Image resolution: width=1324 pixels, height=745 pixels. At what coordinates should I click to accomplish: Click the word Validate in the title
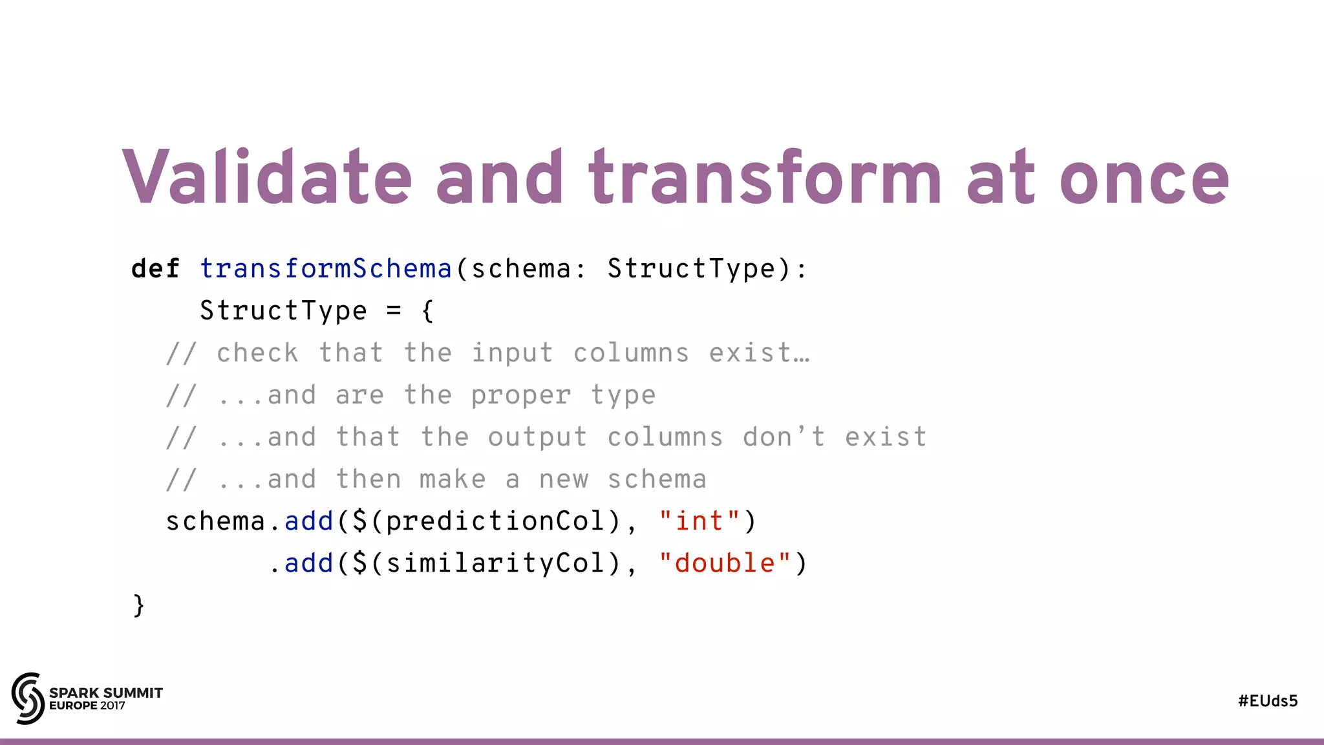click(x=266, y=177)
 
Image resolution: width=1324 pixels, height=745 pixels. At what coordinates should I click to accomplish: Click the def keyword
click(x=155, y=268)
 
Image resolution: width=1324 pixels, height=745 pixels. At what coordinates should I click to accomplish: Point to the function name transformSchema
click(x=325, y=268)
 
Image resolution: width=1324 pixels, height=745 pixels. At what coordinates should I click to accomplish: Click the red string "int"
click(x=699, y=521)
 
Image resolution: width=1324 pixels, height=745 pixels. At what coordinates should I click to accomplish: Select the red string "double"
click(x=724, y=563)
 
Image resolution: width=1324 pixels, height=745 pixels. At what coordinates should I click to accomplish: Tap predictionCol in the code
click(x=495, y=521)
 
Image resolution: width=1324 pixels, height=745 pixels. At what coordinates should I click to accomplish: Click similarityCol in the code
click(x=495, y=563)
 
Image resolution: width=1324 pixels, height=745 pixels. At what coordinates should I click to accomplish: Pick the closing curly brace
click(x=138, y=605)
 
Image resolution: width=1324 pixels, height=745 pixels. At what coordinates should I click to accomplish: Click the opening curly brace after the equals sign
click(x=427, y=311)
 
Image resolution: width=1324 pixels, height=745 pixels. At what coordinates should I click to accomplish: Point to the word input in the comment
click(x=512, y=354)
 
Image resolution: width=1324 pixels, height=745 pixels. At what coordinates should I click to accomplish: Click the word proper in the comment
click(x=520, y=396)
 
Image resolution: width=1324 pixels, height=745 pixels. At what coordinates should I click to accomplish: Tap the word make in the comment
click(x=453, y=479)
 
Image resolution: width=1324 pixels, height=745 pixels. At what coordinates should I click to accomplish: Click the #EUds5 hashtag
click(x=1268, y=701)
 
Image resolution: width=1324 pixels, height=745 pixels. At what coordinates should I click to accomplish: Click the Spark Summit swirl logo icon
click(x=28, y=698)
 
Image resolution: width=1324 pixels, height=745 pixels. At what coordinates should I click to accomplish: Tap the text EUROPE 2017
click(x=87, y=706)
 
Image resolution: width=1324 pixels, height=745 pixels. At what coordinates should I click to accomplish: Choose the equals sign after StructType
click(x=394, y=311)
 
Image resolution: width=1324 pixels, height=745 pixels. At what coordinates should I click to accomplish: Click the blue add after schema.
click(x=308, y=521)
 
